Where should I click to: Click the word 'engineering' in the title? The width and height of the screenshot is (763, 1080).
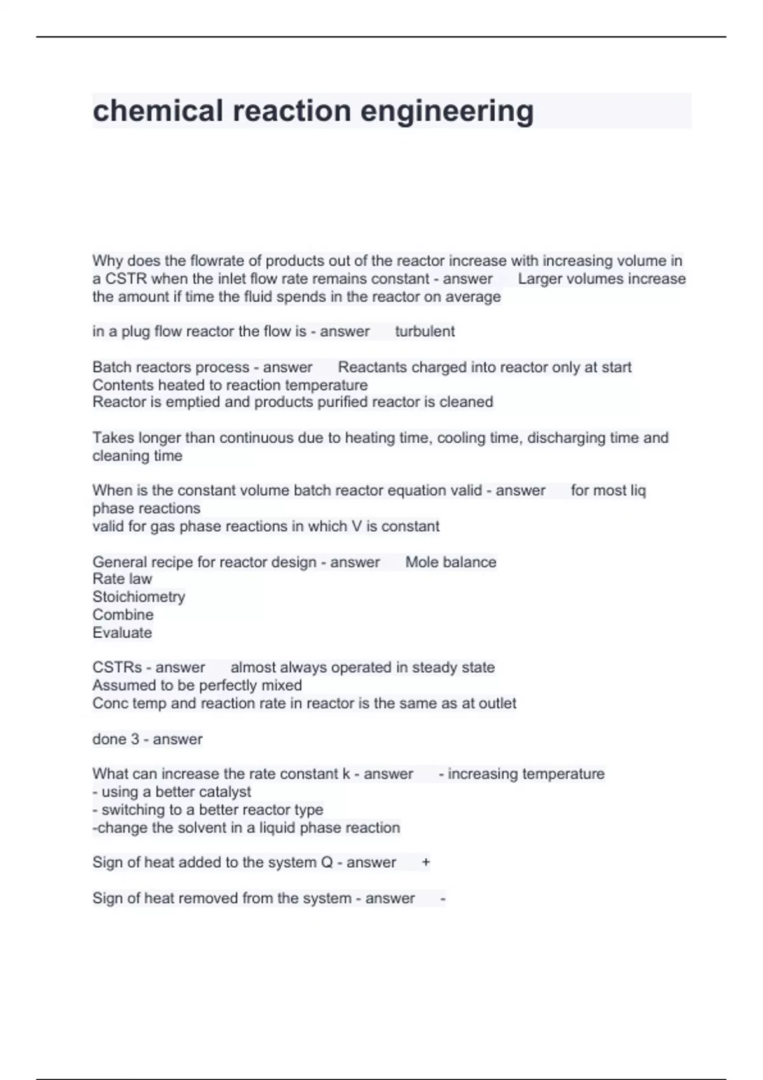[447, 111]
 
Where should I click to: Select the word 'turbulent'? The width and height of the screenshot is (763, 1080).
[425, 332]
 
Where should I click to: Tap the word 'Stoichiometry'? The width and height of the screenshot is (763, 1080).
[139, 597]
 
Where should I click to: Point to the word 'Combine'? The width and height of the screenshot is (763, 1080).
[123, 615]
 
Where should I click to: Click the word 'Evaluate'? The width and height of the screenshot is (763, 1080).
[122, 633]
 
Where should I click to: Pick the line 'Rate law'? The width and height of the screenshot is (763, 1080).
[122, 579]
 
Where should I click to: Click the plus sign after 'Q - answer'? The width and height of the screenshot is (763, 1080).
[426, 863]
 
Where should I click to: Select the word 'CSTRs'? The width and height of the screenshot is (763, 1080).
[117, 668]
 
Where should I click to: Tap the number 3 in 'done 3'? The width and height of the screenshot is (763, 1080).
[135, 739]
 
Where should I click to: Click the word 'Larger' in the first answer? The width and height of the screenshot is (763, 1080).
[539, 279]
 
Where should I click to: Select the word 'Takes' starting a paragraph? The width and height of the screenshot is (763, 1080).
[113, 438]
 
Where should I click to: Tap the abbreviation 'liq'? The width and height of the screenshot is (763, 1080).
[638, 491]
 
